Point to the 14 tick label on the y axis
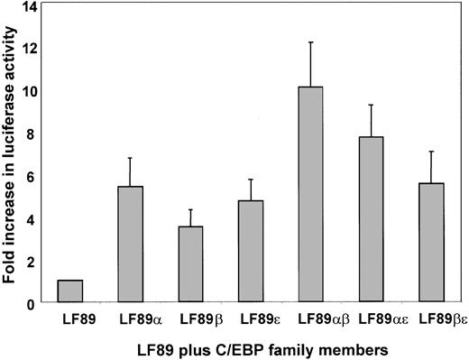[32, 7]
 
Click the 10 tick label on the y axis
[32, 91]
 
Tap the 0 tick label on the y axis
[35, 303]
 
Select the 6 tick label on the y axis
[35, 176]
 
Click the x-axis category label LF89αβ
[310, 318]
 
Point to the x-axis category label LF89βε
[431, 318]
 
